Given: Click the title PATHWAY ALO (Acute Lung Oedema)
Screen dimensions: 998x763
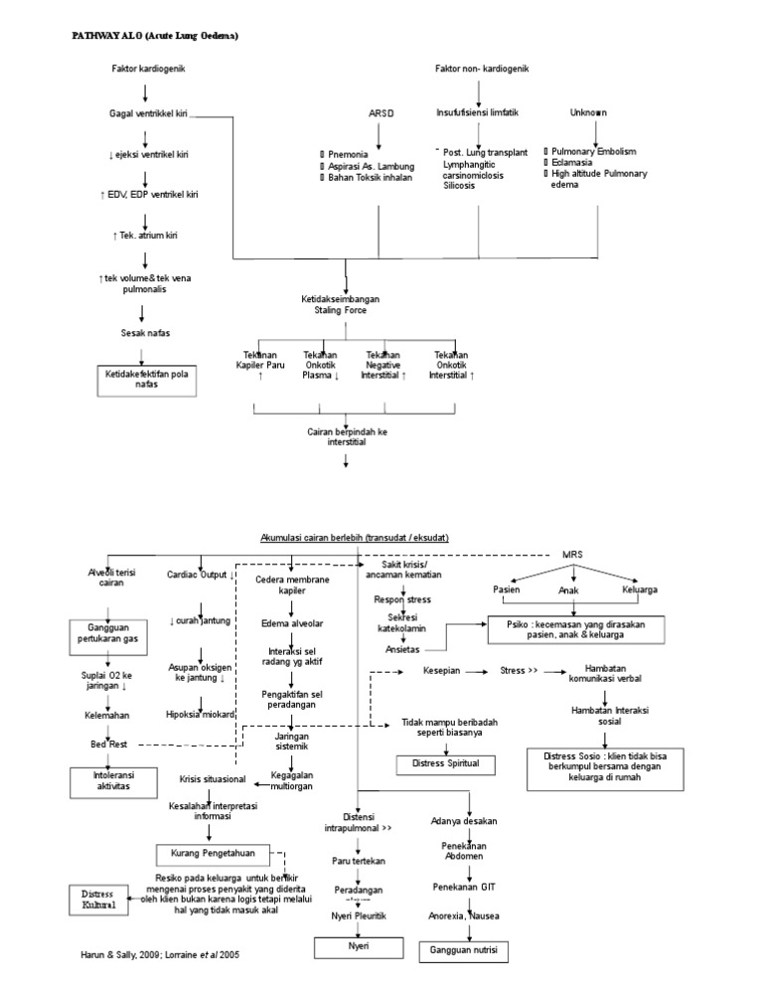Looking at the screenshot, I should pyautogui.click(x=155, y=36).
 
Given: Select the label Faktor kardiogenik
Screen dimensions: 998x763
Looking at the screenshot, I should pyautogui.click(x=149, y=69).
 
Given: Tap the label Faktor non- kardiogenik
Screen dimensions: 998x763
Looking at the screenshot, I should pyautogui.click(x=482, y=69).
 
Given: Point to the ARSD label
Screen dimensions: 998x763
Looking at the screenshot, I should pyautogui.click(x=381, y=113).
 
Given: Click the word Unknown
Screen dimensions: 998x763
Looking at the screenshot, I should pyautogui.click(x=588, y=113).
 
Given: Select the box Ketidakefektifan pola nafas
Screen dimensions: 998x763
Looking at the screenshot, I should pyautogui.click(x=146, y=378).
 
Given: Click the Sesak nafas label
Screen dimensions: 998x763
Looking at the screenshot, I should pyautogui.click(x=145, y=334).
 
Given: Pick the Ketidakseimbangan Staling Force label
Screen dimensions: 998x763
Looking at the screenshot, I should pyautogui.click(x=341, y=304).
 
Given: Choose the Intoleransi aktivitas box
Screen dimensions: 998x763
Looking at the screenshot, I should pyautogui.click(x=106, y=780).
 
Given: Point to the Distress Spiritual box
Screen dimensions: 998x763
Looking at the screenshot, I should pyautogui.click(x=438, y=763).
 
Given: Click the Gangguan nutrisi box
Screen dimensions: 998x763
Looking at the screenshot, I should pyautogui.click(x=464, y=951).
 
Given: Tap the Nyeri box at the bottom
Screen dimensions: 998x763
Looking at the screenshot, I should pyautogui.click(x=358, y=947).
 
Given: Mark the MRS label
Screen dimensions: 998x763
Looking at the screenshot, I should pyautogui.click(x=573, y=554).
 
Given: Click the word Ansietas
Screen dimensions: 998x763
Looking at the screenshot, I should pyautogui.click(x=402, y=648).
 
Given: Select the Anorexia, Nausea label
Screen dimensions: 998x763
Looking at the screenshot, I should pyautogui.click(x=464, y=915).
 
